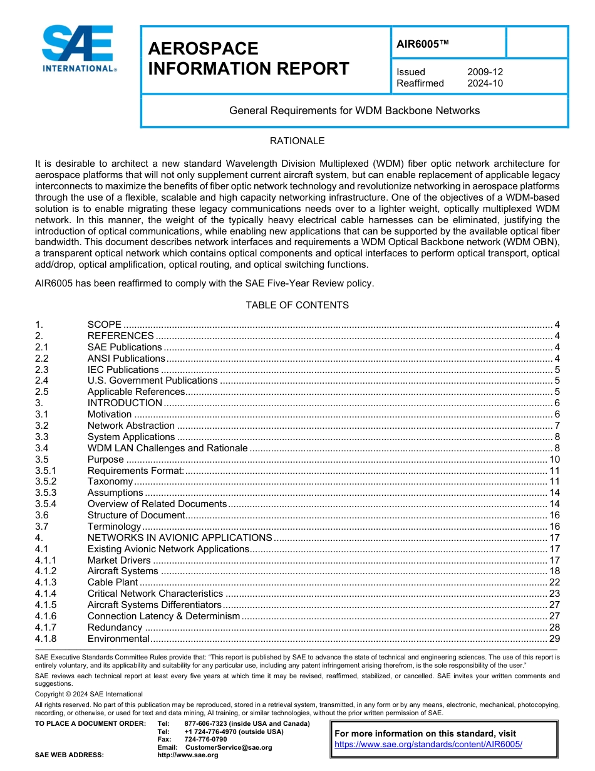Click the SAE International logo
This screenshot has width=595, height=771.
click(x=78, y=49)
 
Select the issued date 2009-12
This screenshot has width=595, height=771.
click(x=485, y=72)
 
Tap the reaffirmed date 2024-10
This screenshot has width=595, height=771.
click(x=485, y=83)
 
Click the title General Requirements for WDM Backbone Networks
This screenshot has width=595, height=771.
click(x=354, y=111)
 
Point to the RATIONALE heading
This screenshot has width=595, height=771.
click(x=297, y=141)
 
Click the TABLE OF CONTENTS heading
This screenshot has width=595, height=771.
click(x=297, y=305)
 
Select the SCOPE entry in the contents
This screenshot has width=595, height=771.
click(x=105, y=325)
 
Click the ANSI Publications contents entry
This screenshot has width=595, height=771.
click(x=126, y=359)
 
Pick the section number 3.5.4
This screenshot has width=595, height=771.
click(x=46, y=504)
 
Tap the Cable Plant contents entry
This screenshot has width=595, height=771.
click(x=113, y=582)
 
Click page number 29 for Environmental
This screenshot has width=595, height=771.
click(x=554, y=639)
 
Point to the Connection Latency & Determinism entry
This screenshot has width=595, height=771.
click(x=163, y=616)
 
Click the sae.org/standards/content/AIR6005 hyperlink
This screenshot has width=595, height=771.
click(x=428, y=745)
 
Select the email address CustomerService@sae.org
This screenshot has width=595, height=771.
click(x=229, y=747)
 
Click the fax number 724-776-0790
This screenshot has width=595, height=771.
click(x=205, y=740)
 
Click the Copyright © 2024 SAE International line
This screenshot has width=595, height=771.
click(x=89, y=694)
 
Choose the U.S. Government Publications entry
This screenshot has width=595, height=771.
click(x=152, y=381)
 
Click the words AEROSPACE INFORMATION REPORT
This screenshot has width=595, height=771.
click(x=248, y=59)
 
